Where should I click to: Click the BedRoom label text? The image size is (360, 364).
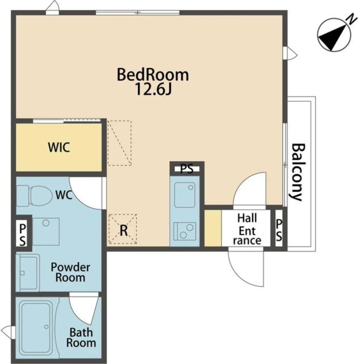tap(153, 75)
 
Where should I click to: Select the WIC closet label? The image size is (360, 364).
tap(59, 147)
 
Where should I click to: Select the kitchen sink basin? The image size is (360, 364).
tap(185, 195)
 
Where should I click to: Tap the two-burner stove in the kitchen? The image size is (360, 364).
tap(185, 231)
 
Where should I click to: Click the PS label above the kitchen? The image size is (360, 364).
tap(187, 168)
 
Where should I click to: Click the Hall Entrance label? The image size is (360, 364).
tap(247, 229)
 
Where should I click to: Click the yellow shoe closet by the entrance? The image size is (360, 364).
tap(213, 228)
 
